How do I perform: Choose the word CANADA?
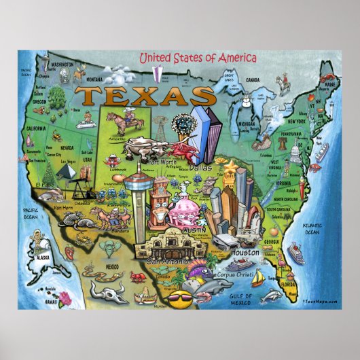253,79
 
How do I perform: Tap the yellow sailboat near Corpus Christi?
257,278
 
